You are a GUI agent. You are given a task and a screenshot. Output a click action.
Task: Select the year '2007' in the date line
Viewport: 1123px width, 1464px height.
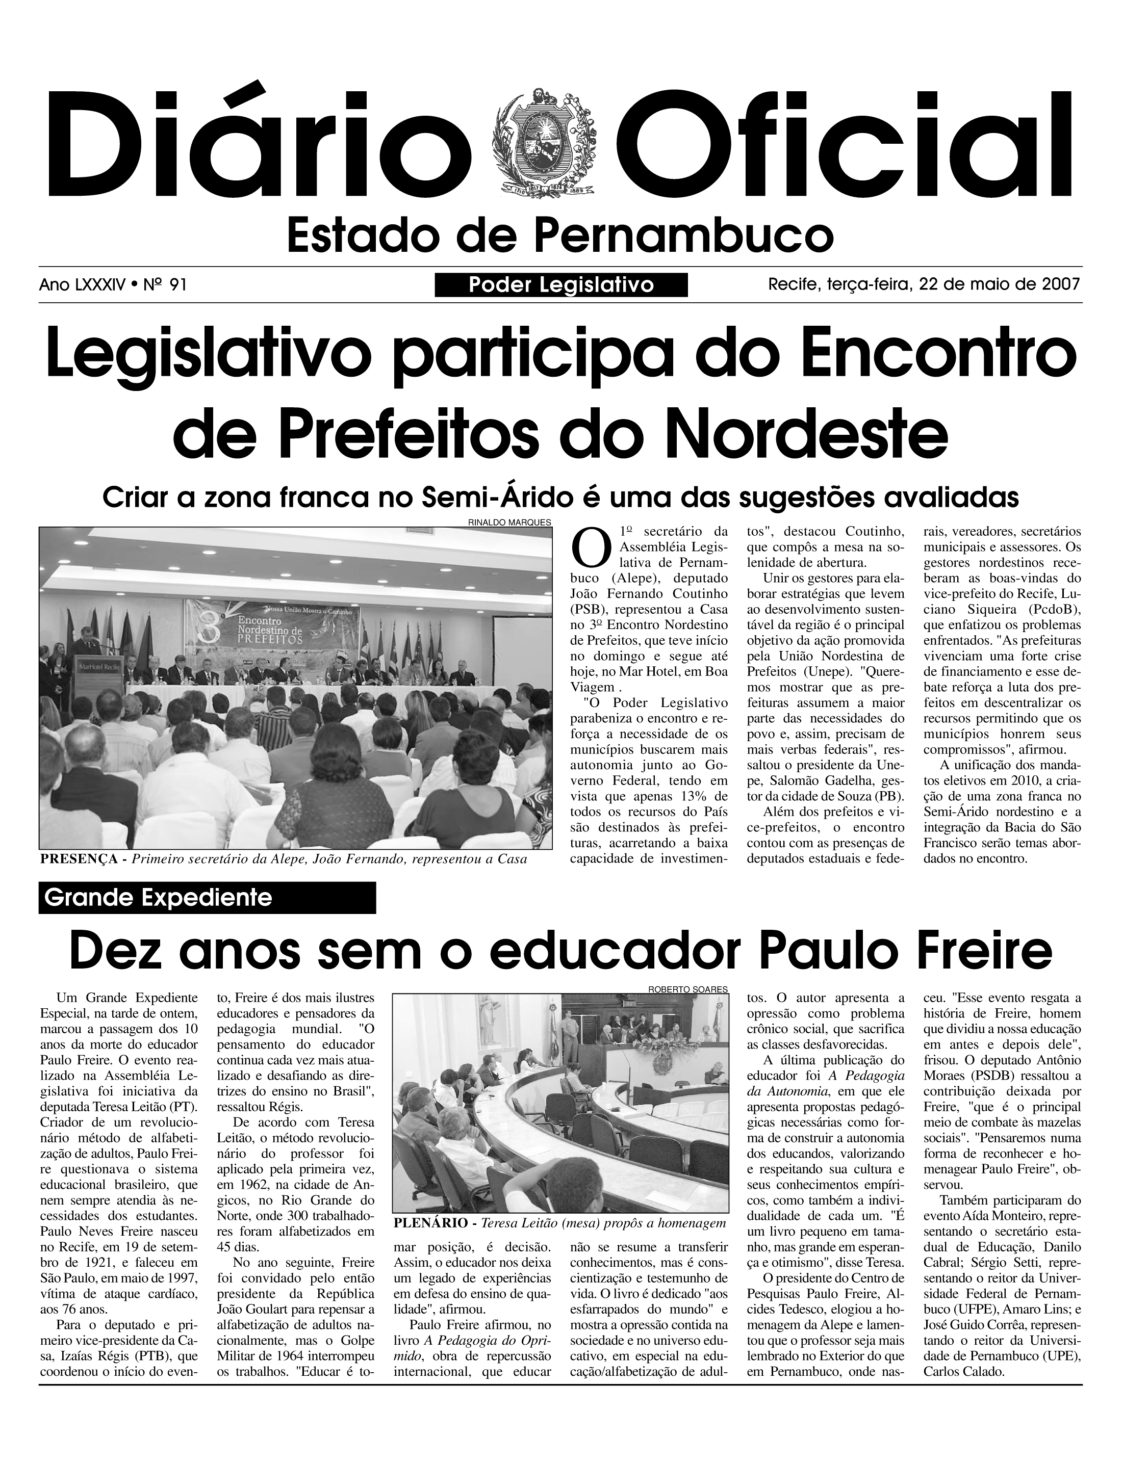[x=1061, y=284]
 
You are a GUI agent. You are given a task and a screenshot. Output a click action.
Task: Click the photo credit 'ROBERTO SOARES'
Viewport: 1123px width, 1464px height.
[x=688, y=989]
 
